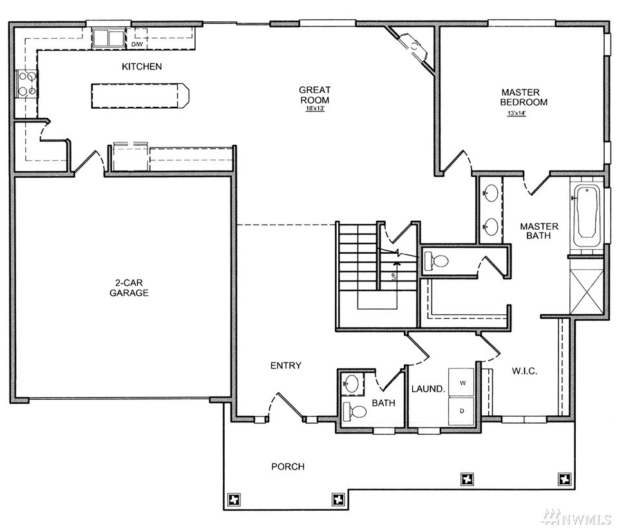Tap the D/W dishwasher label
click(x=137, y=44)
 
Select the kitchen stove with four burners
click(x=27, y=84)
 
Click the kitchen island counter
click(x=140, y=95)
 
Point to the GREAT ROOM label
click(x=314, y=95)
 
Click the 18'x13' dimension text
click(x=314, y=108)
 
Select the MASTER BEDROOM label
click(x=524, y=97)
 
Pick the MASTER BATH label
click(x=539, y=231)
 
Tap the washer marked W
click(x=462, y=382)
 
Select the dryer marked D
click(x=462, y=411)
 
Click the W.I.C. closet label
click(x=524, y=371)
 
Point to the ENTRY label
click(x=286, y=366)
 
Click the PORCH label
click(x=288, y=467)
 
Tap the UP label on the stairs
click(x=394, y=277)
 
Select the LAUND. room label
click(x=428, y=389)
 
